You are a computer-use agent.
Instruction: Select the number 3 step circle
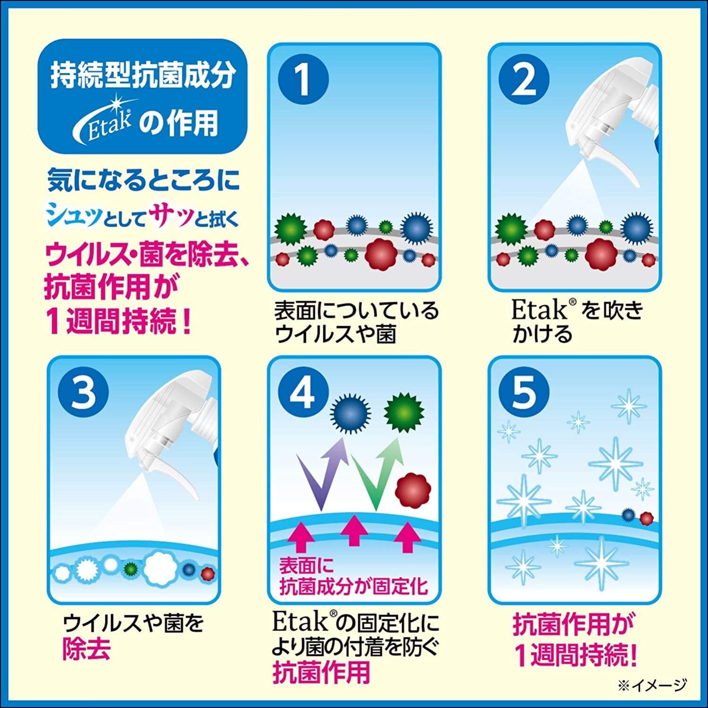point(83,392)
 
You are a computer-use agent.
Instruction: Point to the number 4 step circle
point(303,392)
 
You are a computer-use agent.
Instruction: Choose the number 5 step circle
point(523,392)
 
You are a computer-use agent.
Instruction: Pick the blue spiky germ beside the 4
point(350,413)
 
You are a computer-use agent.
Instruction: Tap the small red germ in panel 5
point(646,518)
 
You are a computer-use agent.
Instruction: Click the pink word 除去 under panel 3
point(86,649)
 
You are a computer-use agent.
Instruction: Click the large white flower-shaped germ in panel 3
point(160,566)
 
